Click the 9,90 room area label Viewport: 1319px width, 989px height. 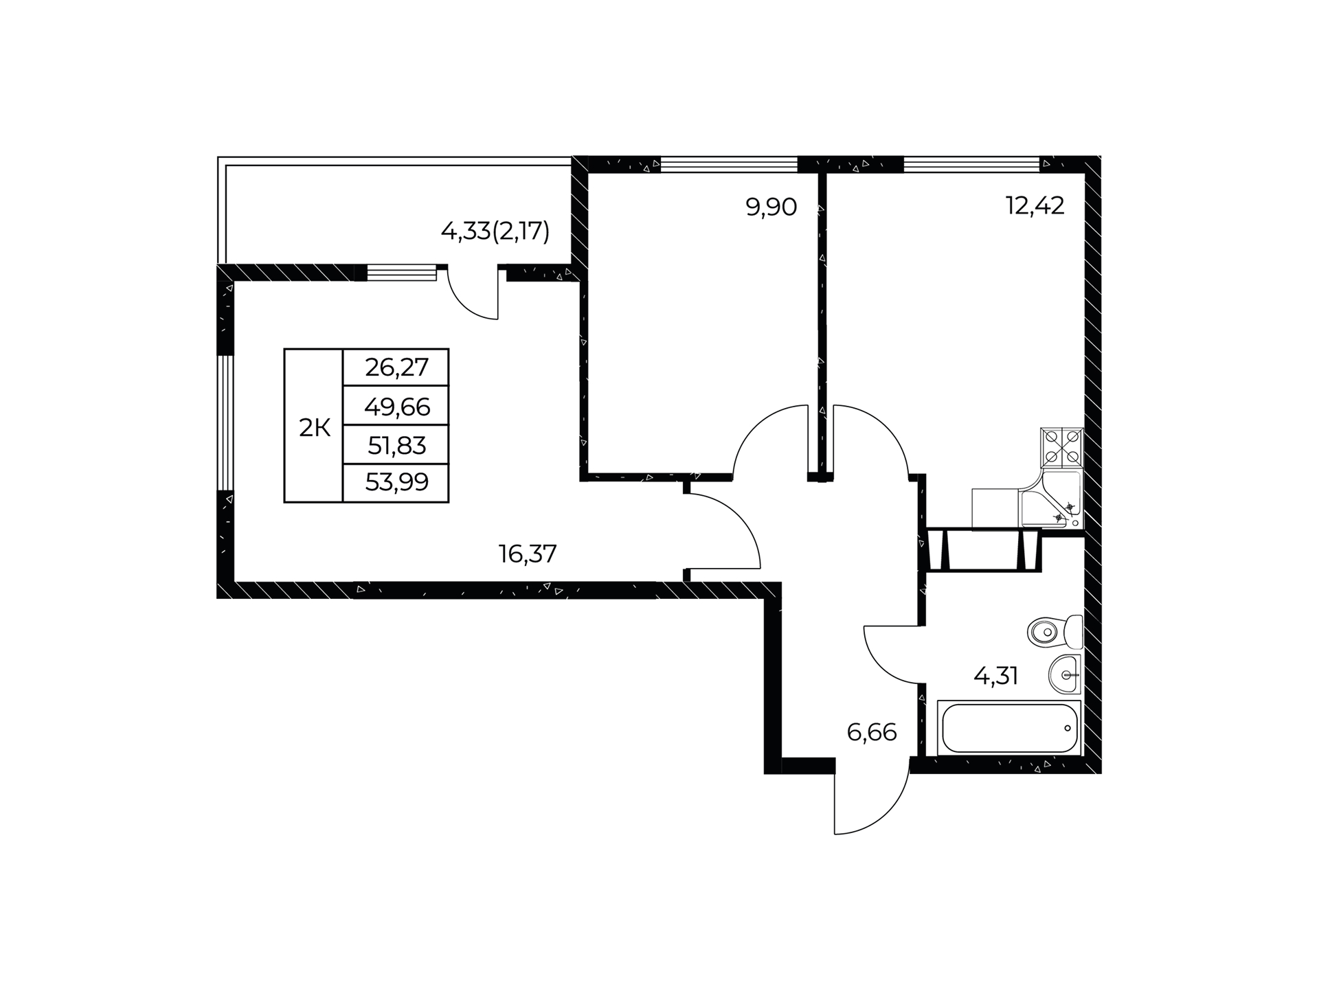(771, 207)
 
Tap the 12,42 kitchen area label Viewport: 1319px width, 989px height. (1035, 205)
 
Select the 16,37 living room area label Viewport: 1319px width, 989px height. (528, 554)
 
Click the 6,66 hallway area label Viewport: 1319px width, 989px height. (872, 733)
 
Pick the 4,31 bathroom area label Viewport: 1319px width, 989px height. (995, 677)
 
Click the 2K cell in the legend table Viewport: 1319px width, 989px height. (314, 426)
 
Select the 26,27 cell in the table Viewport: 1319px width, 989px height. (396, 367)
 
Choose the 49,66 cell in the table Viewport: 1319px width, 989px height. (396, 406)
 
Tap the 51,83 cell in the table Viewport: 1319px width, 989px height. (396, 445)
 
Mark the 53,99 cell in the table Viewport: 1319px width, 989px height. (396, 483)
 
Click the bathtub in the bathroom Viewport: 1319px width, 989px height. (1009, 728)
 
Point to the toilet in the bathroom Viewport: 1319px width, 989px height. (1055, 631)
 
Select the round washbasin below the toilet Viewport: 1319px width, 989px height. (1065, 674)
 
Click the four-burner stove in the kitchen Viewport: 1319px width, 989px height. (1062, 448)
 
